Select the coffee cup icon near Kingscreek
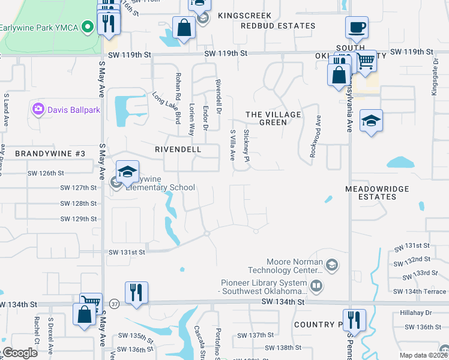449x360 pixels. [357, 27]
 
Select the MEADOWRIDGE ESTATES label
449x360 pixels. [377, 193]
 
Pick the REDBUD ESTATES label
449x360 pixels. [278, 26]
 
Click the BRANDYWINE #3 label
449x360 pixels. [50, 154]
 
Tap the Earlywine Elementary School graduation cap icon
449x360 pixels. [127, 172]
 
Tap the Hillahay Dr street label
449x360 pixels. [416, 313]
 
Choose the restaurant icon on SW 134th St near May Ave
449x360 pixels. [136, 292]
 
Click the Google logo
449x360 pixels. [19, 353]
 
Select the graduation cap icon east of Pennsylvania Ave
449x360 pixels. [371, 121]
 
